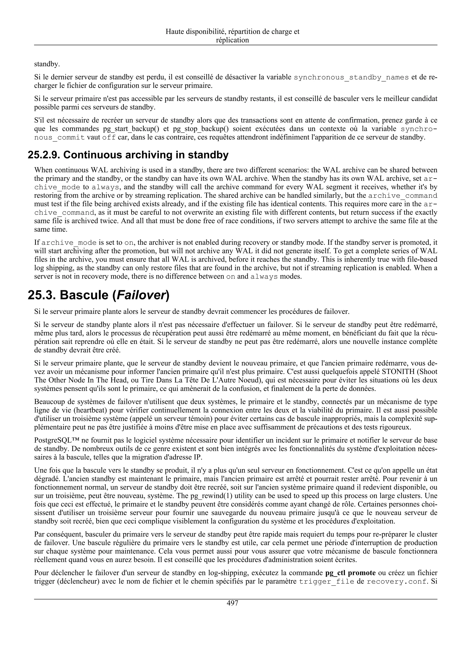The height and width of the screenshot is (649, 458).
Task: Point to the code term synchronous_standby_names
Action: click(x=351, y=77)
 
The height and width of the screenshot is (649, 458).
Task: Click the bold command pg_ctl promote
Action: click(x=350, y=573)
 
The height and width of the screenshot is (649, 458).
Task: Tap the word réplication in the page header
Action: click(x=232, y=40)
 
